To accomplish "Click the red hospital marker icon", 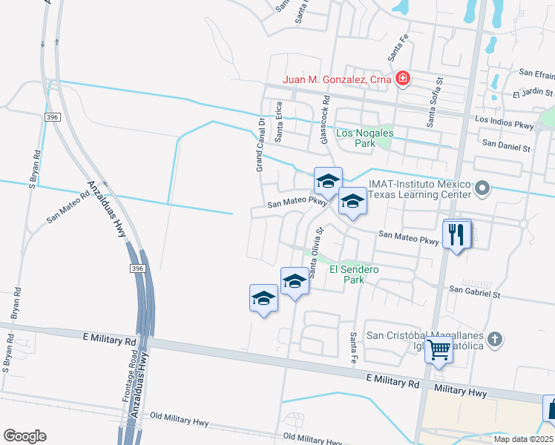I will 402,78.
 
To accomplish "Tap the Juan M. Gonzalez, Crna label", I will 338,79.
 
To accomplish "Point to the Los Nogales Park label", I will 365,139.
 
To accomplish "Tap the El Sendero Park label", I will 355,274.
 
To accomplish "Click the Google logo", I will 24,436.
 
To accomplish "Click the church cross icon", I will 495,339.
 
